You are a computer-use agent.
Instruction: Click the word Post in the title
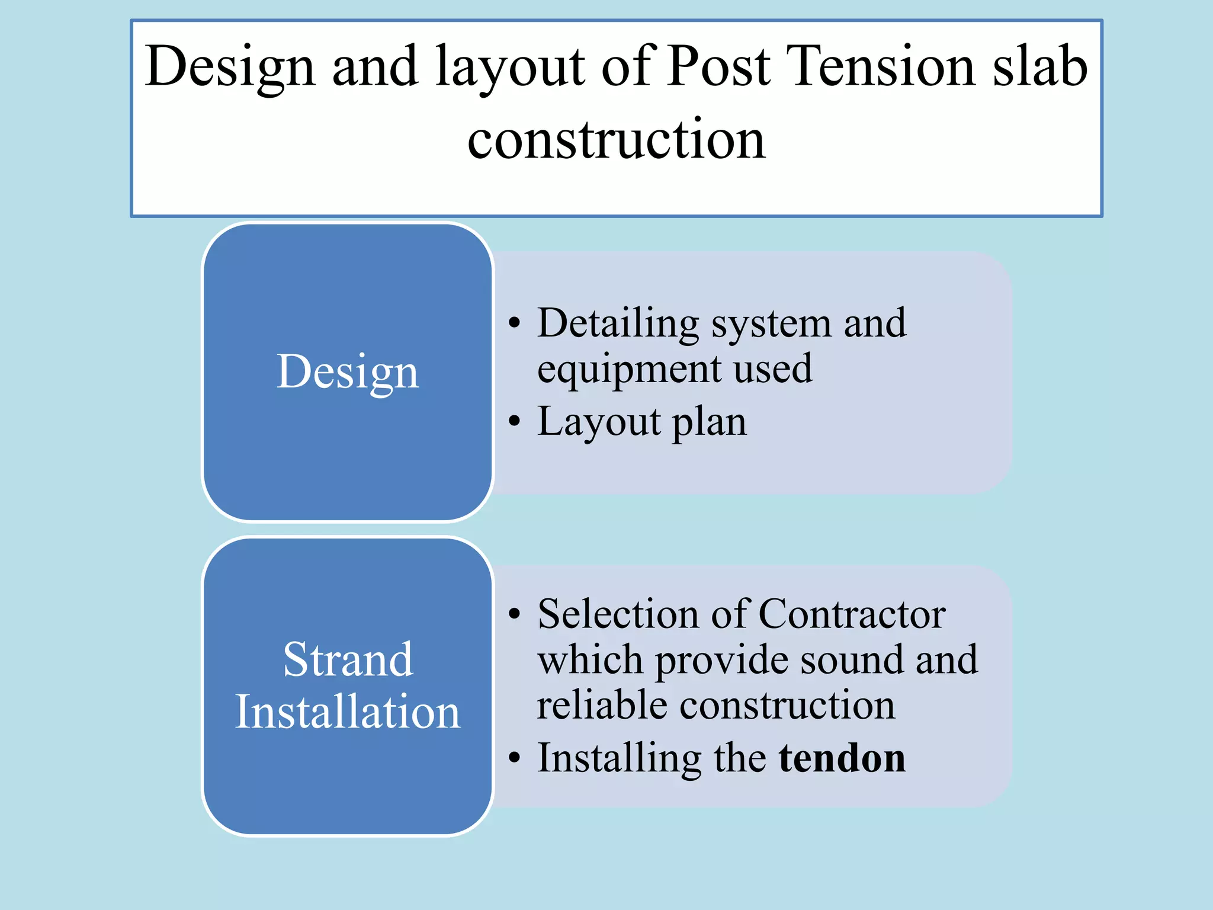pos(718,66)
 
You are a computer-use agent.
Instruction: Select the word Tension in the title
pos(880,66)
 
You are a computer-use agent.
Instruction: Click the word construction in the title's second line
pos(616,140)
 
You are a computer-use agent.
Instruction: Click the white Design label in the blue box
pos(348,372)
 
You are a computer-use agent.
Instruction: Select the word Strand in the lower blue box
pos(348,659)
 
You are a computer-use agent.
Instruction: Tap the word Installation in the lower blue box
pos(348,712)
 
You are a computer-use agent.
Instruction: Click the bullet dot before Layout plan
pos(514,422)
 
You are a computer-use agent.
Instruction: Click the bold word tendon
pos(842,758)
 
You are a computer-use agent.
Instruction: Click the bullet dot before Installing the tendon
pos(514,758)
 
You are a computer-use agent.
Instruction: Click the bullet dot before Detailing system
pos(514,323)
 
